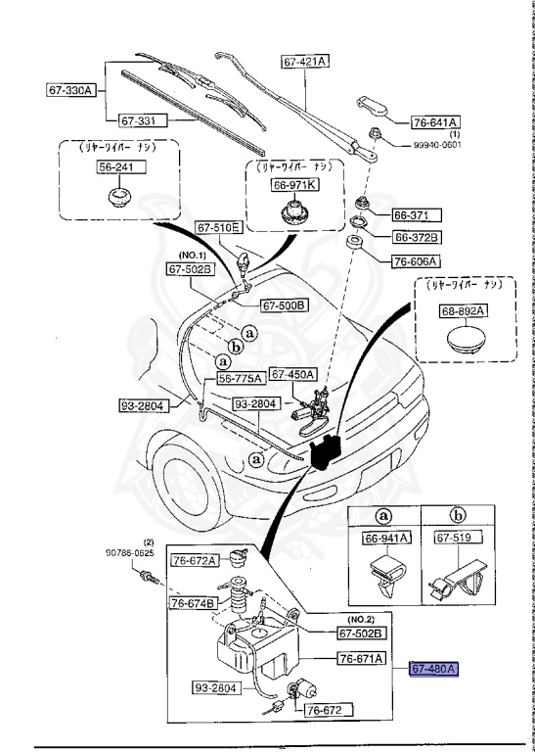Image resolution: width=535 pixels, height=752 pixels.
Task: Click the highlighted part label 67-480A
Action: (x=433, y=670)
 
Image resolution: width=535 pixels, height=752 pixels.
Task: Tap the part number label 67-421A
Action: (x=305, y=61)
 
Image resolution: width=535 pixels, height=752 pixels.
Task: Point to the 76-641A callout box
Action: (x=435, y=122)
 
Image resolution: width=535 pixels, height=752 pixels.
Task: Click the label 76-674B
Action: (x=193, y=602)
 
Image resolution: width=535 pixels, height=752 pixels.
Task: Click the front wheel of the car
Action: (x=186, y=488)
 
